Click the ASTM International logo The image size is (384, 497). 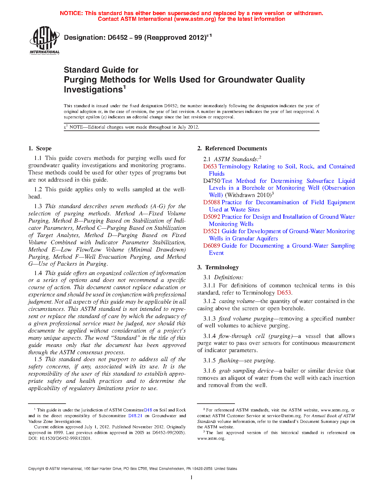(45, 40)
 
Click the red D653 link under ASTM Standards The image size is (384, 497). (210, 167)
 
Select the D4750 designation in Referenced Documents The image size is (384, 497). (212, 181)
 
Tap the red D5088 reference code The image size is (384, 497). (212, 202)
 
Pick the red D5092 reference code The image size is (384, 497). (212, 217)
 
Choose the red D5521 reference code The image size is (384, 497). (212, 231)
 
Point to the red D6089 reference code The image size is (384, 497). (212, 246)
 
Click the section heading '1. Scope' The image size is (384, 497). (40, 148)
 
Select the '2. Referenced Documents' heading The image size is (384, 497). (232, 148)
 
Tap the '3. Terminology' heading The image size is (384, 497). (218, 267)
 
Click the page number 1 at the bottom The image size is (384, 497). (192, 477)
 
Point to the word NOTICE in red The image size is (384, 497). (71, 13)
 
